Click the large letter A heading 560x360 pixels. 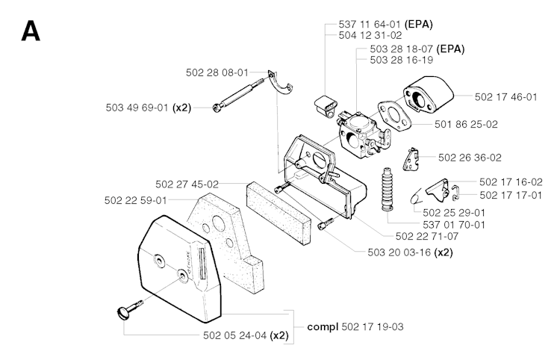point(31,31)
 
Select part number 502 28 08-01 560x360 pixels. point(217,72)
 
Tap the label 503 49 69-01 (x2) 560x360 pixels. point(149,108)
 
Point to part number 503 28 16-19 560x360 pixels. point(401,60)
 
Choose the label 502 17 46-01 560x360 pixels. point(505,96)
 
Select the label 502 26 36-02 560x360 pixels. point(470,158)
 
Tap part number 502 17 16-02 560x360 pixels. point(511,181)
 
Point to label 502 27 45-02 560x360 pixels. point(187,184)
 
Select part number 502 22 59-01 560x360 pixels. point(137,199)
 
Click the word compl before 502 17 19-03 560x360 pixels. point(323,326)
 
